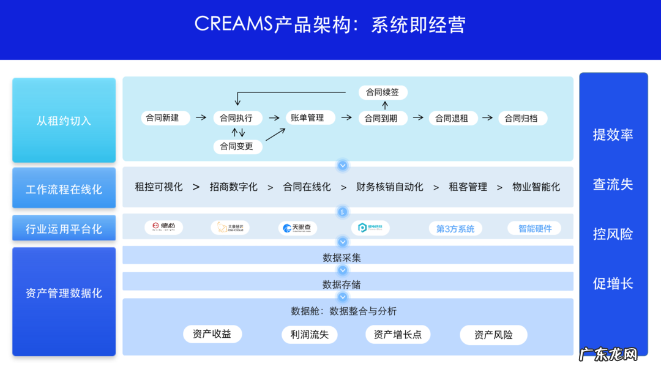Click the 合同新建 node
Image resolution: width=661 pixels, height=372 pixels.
162,117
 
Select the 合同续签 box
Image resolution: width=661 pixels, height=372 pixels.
383,92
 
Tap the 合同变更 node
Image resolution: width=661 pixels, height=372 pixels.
237,147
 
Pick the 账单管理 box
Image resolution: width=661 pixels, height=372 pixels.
307,117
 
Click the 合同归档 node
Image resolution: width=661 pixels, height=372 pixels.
521,118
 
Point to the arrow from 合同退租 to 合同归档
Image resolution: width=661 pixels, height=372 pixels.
487,117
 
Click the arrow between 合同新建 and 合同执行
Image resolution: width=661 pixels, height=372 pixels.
201,117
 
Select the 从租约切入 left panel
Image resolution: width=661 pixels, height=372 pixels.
64,121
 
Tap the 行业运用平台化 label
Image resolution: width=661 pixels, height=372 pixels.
64,229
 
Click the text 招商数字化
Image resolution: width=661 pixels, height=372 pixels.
233,187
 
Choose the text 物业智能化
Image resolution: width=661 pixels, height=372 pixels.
536,187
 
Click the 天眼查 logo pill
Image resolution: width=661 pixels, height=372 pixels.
297,228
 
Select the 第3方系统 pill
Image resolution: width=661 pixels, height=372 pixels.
455,229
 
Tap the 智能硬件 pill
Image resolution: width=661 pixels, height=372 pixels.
534,228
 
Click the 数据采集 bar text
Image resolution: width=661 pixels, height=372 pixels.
342,258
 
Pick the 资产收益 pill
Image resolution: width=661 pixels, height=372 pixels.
212,334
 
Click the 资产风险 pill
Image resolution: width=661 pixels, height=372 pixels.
493,335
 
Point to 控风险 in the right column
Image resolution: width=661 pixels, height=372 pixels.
613,234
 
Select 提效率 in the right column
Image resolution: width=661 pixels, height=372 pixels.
613,135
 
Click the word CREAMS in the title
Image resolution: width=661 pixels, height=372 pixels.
234,24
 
